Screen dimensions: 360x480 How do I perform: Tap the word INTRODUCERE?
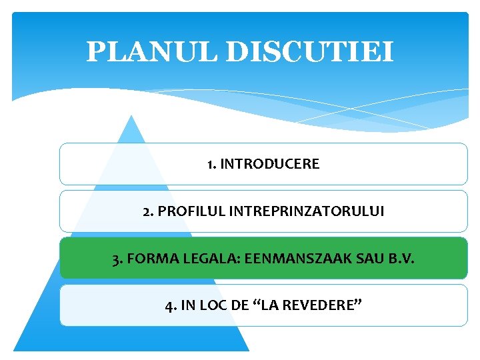tap(270, 164)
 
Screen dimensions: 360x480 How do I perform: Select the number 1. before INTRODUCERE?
tap(211, 164)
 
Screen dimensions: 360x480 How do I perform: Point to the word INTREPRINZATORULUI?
tap(307, 211)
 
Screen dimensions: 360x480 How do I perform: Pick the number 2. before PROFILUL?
tap(148, 211)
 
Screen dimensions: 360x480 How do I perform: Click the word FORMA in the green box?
tap(145, 258)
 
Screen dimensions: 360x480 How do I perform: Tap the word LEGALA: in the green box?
tap(199, 258)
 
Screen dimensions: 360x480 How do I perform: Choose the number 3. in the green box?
tap(117, 258)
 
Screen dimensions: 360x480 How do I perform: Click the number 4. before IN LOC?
tap(171, 306)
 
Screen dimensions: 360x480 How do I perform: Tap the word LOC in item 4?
tap(213, 306)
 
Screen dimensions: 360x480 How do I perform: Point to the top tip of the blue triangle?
tap(132, 116)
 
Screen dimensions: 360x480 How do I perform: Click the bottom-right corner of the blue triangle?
tap(248, 350)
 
